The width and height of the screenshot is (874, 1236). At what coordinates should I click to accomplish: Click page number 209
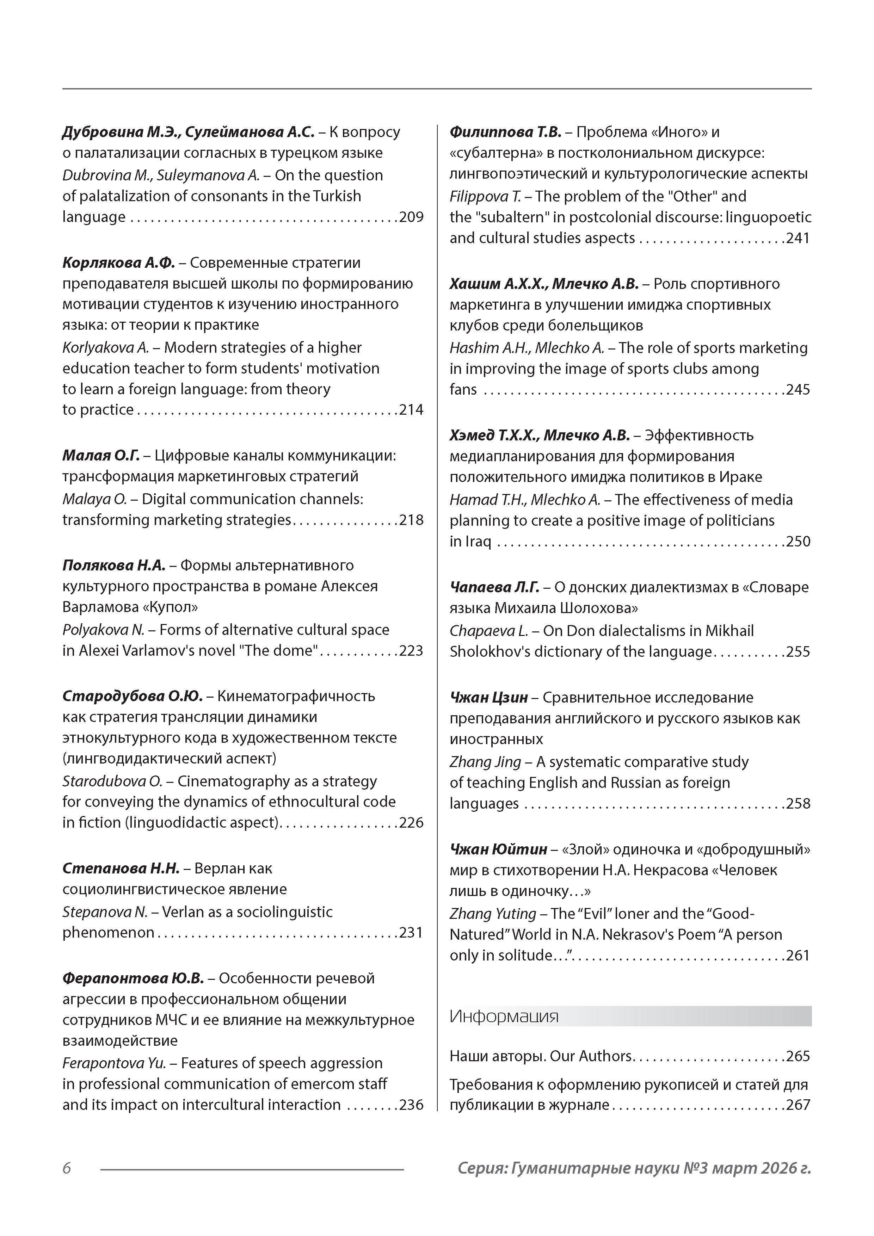pos(411,217)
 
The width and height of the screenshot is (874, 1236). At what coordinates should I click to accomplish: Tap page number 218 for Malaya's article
pos(411,520)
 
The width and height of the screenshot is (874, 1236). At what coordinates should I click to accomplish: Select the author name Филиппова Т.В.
pos(505,132)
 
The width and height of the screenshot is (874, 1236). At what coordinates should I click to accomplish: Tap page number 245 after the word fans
pos(798,390)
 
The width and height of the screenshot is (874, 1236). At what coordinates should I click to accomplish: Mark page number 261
pos(798,956)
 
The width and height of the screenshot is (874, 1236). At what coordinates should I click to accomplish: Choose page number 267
pos(798,1105)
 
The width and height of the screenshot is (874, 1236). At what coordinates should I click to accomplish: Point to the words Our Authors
pos(591,1056)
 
